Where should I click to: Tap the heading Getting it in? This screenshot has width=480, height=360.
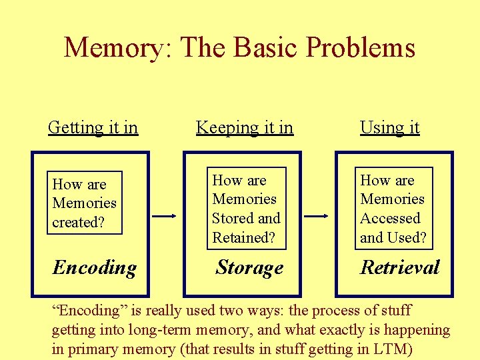[93, 127]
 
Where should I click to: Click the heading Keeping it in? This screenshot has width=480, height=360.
[245, 127]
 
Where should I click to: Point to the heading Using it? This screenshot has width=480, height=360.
[390, 127]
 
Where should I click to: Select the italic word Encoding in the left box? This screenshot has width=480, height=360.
[95, 268]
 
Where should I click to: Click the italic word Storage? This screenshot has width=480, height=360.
[249, 268]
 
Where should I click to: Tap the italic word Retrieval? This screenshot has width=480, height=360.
[400, 268]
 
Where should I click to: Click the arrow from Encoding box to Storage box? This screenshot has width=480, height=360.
[165, 216]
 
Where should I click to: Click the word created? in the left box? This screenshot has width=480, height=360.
[78, 223]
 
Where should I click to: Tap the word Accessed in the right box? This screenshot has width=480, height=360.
[390, 219]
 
